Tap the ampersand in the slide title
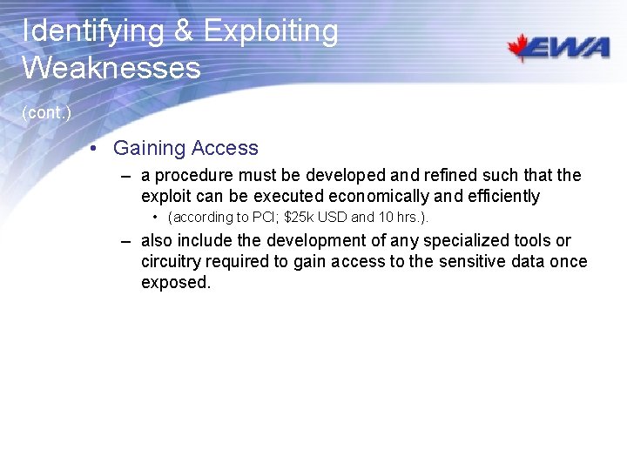tap(183, 31)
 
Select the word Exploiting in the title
tap(270, 31)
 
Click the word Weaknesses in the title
tap(111, 68)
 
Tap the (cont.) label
tap(46, 113)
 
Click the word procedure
tap(192, 176)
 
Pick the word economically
tap(378, 197)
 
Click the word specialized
tap(470, 240)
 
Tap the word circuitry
tap(173, 261)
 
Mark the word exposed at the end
tap(175, 283)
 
